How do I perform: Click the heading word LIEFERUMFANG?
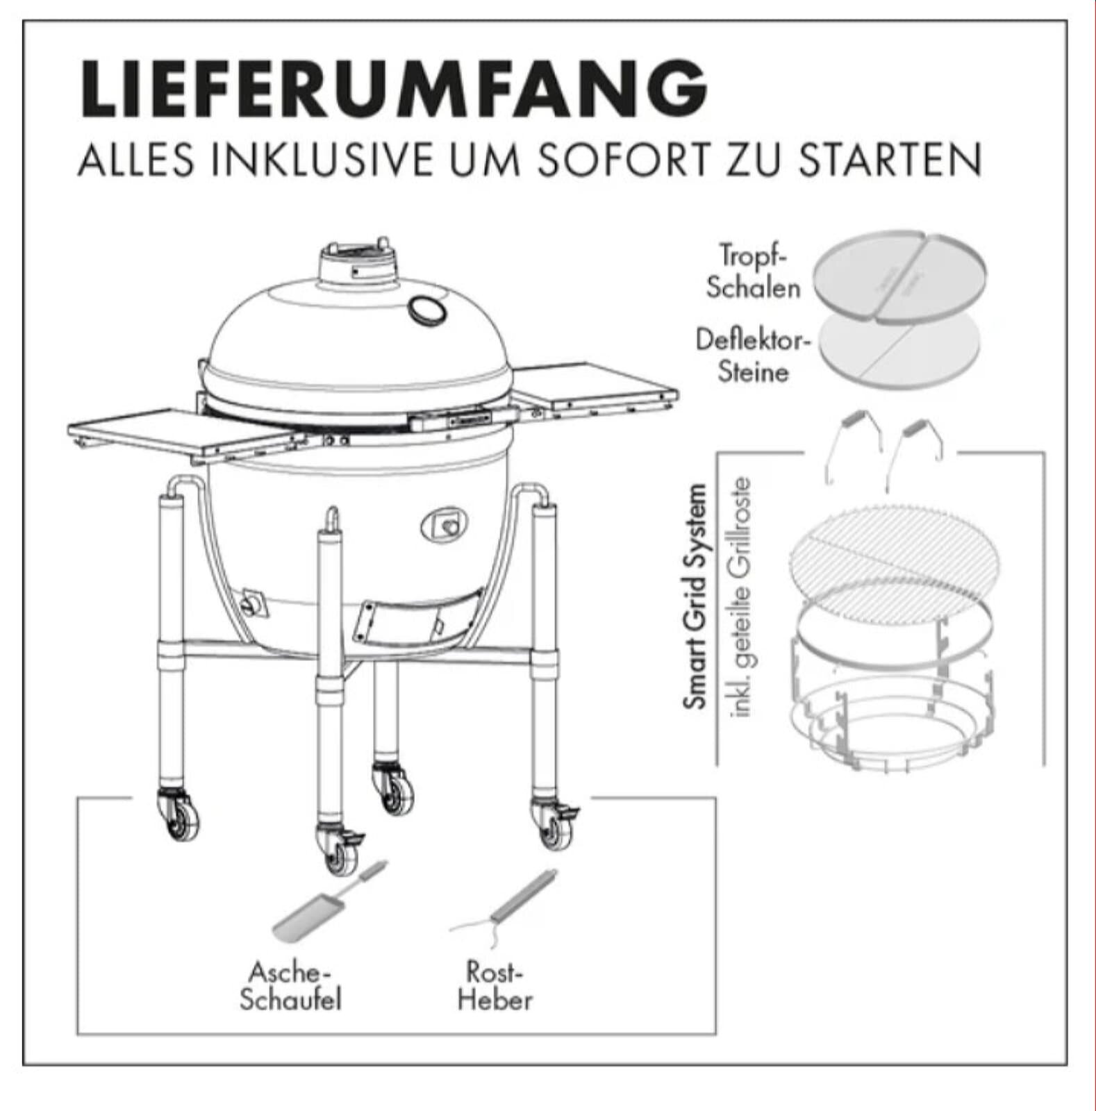(394, 89)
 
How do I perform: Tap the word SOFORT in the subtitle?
(622, 160)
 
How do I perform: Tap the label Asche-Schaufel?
(290, 986)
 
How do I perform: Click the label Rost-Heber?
(495, 986)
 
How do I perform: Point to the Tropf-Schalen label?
(753, 272)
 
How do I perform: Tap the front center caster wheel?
(338, 851)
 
